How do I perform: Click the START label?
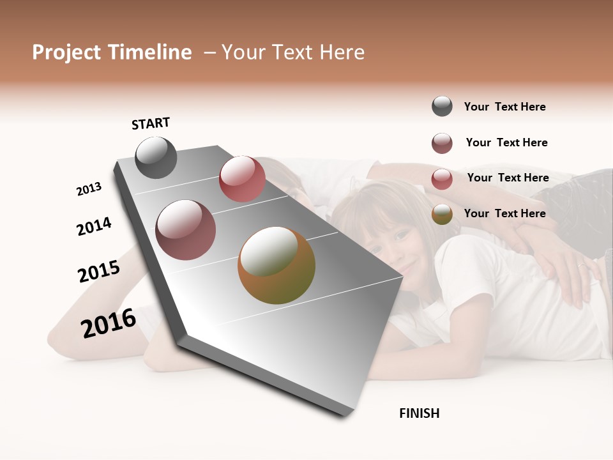pyautogui.click(x=151, y=123)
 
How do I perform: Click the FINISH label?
pyautogui.click(x=419, y=413)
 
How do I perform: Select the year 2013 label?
pyautogui.click(x=89, y=189)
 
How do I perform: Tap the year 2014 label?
pyautogui.click(x=94, y=227)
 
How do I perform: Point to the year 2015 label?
pyautogui.click(x=99, y=272)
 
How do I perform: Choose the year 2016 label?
pyautogui.click(x=109, y=323)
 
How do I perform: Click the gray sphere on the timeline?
pyautogui.click(x=156, y=158)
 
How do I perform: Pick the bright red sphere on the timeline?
pyautogui.click(x=242, y=179)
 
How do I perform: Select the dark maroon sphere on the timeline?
pyautogui.click(x=186, y=230)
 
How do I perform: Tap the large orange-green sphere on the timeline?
pyautogui.click(x=276, y=265)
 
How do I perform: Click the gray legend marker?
pyautogui.click(x=442, y=107)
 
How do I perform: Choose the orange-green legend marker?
pyautogui.click(x=442, y=214)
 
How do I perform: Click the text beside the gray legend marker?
pyautogui.click(x=504, y=107)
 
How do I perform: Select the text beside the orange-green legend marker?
pyautogui.click(x=504, y=213)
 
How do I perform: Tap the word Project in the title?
pyautogui.click(x=67, y=52)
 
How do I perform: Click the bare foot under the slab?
pyautogui.click(x=160, y=355)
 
